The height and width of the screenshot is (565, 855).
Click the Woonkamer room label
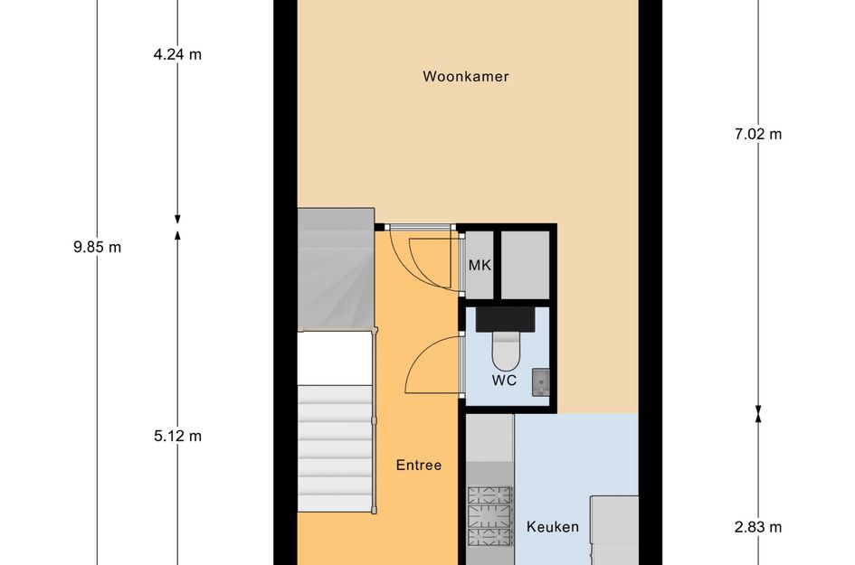[x=466, y=77]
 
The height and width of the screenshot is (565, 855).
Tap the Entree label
[x=419, y=466]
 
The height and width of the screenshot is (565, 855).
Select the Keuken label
[x=553, y=527]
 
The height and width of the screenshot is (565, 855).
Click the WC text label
[x=504, y=381]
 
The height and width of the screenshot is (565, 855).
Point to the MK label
[x=479, y=266]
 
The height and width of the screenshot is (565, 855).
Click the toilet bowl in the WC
[x=505, y=348]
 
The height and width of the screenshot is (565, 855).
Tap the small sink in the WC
[x=539, y=382]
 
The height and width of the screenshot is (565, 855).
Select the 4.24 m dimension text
[x=177, y=53]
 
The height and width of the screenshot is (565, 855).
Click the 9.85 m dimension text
[x=97, y=247]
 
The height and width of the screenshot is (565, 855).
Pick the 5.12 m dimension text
[x=177, y=436]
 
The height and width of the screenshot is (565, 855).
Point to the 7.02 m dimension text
[x=758, y=135]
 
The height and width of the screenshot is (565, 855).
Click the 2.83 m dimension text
[x=758, y=527]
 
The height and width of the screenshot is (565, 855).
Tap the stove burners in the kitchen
[x=489, y=518]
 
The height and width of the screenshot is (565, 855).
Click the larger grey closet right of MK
[x=526, y=264]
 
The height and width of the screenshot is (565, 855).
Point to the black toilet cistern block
[x=506, y=317]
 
